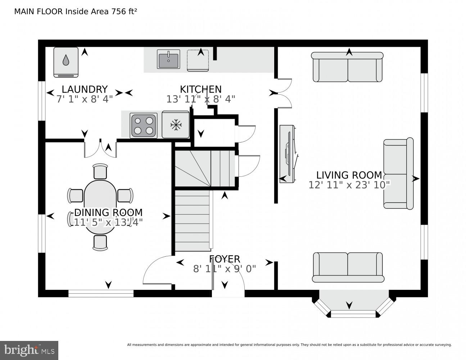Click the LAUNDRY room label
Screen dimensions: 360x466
tap(85, 89)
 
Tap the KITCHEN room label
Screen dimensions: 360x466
tap(200, 89)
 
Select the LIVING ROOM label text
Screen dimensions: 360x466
tap(349, 175)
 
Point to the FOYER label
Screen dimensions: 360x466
tap(225, 259)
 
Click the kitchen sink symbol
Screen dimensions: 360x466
tap(168, 59)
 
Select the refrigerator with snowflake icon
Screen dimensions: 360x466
tap(176, 125)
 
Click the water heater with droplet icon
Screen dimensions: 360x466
tap(66, 62)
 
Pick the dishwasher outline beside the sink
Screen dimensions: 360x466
tap(198, 60)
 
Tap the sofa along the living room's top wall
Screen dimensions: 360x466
tap(347, 67)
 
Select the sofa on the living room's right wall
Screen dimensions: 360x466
tap(398, 174)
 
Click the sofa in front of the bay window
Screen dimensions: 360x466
tap(348, 267)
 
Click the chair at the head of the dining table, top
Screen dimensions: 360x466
tap(100, 171)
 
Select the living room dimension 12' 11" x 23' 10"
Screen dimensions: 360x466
tap(349, 185)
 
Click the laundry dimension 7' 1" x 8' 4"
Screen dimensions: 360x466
tap(85, 99)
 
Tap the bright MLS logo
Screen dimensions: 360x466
tap(29, 350)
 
